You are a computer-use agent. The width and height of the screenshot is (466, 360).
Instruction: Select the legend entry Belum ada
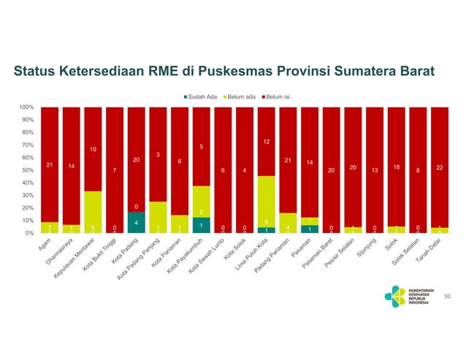[242, 96]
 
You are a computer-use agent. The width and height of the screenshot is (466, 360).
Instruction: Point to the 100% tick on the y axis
[26, 107]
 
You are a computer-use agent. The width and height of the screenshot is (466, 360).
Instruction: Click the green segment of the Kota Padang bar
[137, 222]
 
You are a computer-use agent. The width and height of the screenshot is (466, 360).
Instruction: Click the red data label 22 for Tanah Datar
[439, 168]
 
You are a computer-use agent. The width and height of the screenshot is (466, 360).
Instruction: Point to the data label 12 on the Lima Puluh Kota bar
[267, 142]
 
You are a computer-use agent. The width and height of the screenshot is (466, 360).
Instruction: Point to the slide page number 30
[448, 296]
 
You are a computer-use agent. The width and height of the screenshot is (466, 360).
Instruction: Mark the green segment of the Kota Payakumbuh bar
[202, 225]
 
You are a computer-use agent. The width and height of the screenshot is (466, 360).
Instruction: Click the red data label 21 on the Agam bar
[50, 165]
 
